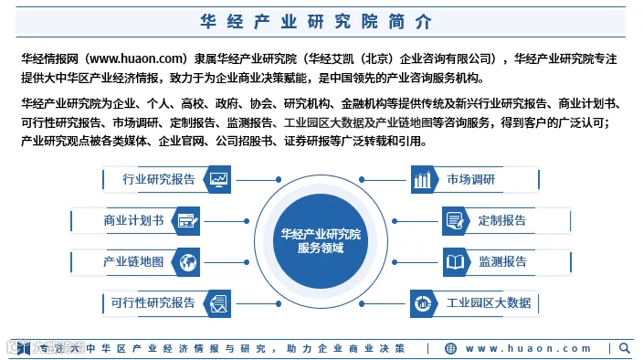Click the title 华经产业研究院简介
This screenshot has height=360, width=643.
[316, 22]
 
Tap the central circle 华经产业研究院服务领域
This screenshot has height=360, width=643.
[321, 241]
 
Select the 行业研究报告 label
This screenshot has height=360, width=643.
[159, 179]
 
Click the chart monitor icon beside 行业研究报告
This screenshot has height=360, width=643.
[218, 179]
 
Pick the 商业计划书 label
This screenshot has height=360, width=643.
[133, 220]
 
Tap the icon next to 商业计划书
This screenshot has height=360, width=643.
[188, 221]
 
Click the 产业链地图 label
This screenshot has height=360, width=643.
[133, 261]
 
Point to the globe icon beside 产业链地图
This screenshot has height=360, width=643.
[188, 262]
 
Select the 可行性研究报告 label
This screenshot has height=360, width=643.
[153, 303]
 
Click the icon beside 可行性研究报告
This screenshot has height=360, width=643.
[218, 304]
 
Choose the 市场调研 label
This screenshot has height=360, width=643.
[470, 179]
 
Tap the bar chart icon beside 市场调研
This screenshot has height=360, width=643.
[422, 180]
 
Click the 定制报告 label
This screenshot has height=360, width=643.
[502, 220]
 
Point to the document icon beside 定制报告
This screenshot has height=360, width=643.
[455, 221]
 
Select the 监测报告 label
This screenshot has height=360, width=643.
[502, 261]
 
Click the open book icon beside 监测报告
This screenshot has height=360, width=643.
[455, 262]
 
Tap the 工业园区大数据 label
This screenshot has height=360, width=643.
[489, 303]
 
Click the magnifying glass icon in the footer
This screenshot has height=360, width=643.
[625, 348]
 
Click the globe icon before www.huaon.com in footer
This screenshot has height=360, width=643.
[450, 348]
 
